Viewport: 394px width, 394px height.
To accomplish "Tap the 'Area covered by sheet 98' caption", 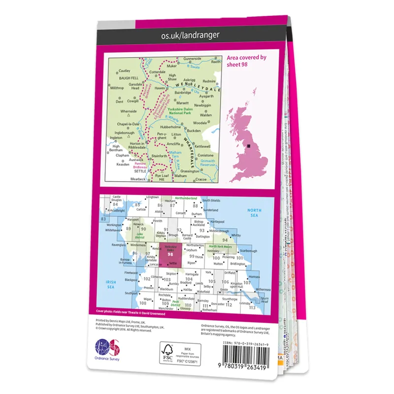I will pos(246,61).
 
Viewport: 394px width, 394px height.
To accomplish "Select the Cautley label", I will pos(124,71).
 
